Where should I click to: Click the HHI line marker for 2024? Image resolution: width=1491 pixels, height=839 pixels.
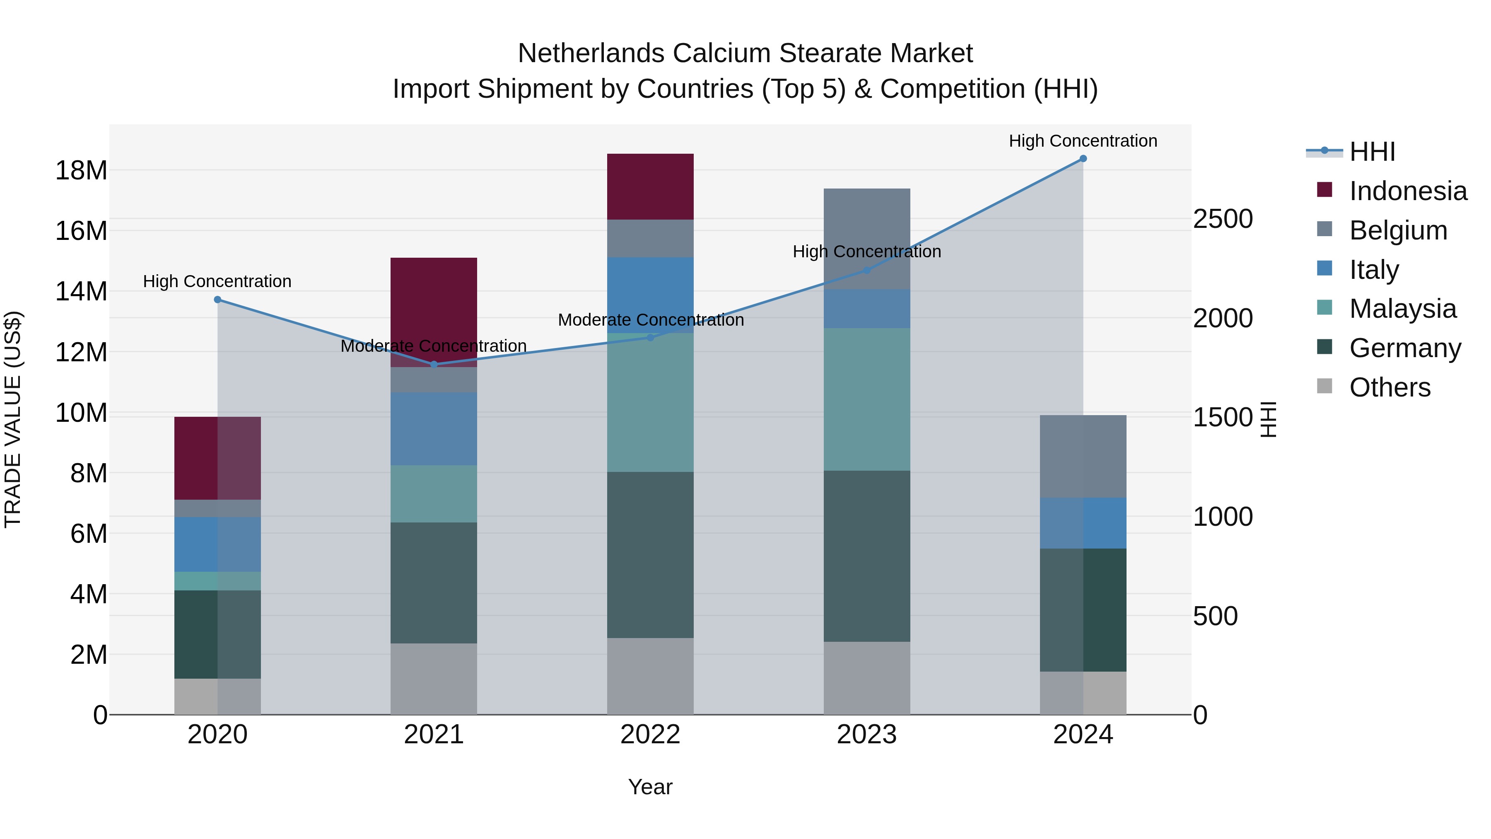(1083, 159)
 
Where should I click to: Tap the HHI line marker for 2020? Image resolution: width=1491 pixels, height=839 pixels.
(217, 300)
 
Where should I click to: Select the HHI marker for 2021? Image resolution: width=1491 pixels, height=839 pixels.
(434, 364)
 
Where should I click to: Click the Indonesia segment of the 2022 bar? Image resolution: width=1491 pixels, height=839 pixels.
(650, 186)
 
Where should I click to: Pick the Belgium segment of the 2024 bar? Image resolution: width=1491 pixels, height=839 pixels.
(1083, 456)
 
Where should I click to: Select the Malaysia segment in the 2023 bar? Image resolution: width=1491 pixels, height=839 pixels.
(866, 399)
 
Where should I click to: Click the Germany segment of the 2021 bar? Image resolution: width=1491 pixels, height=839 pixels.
(434, 583)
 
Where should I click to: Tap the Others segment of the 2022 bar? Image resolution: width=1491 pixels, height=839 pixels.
(650, 676)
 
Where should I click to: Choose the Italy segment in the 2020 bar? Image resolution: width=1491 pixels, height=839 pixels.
(217, 544)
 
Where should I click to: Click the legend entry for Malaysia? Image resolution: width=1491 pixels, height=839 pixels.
(1402, 309)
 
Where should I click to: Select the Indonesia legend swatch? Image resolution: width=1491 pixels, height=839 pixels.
(1325, 190)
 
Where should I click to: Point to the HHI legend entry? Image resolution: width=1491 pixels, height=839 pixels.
(1372, 152)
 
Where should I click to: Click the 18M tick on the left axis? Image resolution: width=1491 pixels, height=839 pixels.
(81, 171)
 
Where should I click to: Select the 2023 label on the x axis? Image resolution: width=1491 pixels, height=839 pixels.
(866, 735)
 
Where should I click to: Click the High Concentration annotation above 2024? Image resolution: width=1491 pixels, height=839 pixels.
(1083, 141)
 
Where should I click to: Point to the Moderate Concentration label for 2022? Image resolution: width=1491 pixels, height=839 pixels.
(651, 319)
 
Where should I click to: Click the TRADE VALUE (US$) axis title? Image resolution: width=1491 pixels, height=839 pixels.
(13, 419)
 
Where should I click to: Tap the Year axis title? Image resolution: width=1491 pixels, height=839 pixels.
(650, 787)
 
